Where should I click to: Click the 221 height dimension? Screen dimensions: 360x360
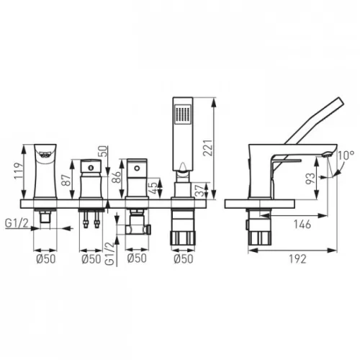207,148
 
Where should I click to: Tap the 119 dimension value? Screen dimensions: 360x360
18,171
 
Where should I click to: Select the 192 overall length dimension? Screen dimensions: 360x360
297,259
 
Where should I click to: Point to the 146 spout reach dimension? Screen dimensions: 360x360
302,225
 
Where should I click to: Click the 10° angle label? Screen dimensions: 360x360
346,156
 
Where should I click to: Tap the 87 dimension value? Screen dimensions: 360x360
67,180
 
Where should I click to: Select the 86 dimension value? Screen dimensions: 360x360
117,177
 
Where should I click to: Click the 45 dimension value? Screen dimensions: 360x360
153,188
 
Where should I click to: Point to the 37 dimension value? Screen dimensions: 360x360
200,190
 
